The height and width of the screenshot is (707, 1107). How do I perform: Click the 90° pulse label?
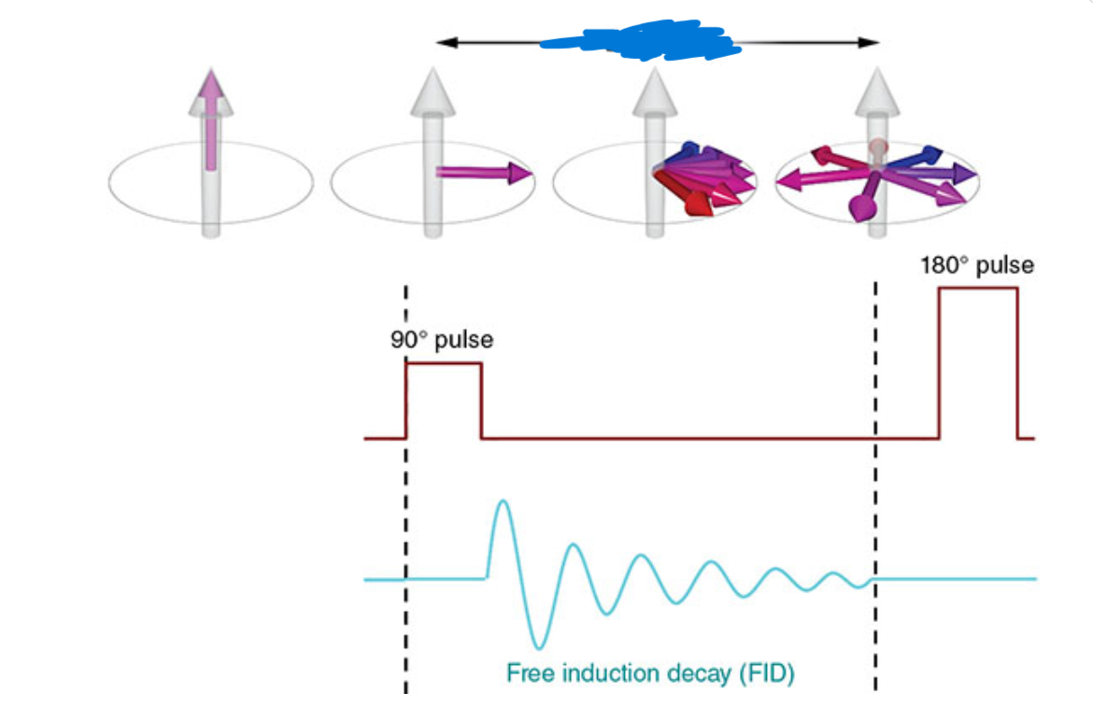coord(441,340)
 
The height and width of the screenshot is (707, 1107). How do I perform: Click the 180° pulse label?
coord(976,265)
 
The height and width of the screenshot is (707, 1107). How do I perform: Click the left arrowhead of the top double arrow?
coord(446,42)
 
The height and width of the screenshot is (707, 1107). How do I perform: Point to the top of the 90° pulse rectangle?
coord(444,363)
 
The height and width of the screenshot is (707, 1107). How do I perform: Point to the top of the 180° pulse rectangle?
coord(977,289)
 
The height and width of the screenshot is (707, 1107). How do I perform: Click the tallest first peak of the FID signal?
coord(504,504)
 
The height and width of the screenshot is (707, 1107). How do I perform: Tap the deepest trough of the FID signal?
coord(538,644)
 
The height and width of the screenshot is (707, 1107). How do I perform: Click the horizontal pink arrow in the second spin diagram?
coord(481,173)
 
